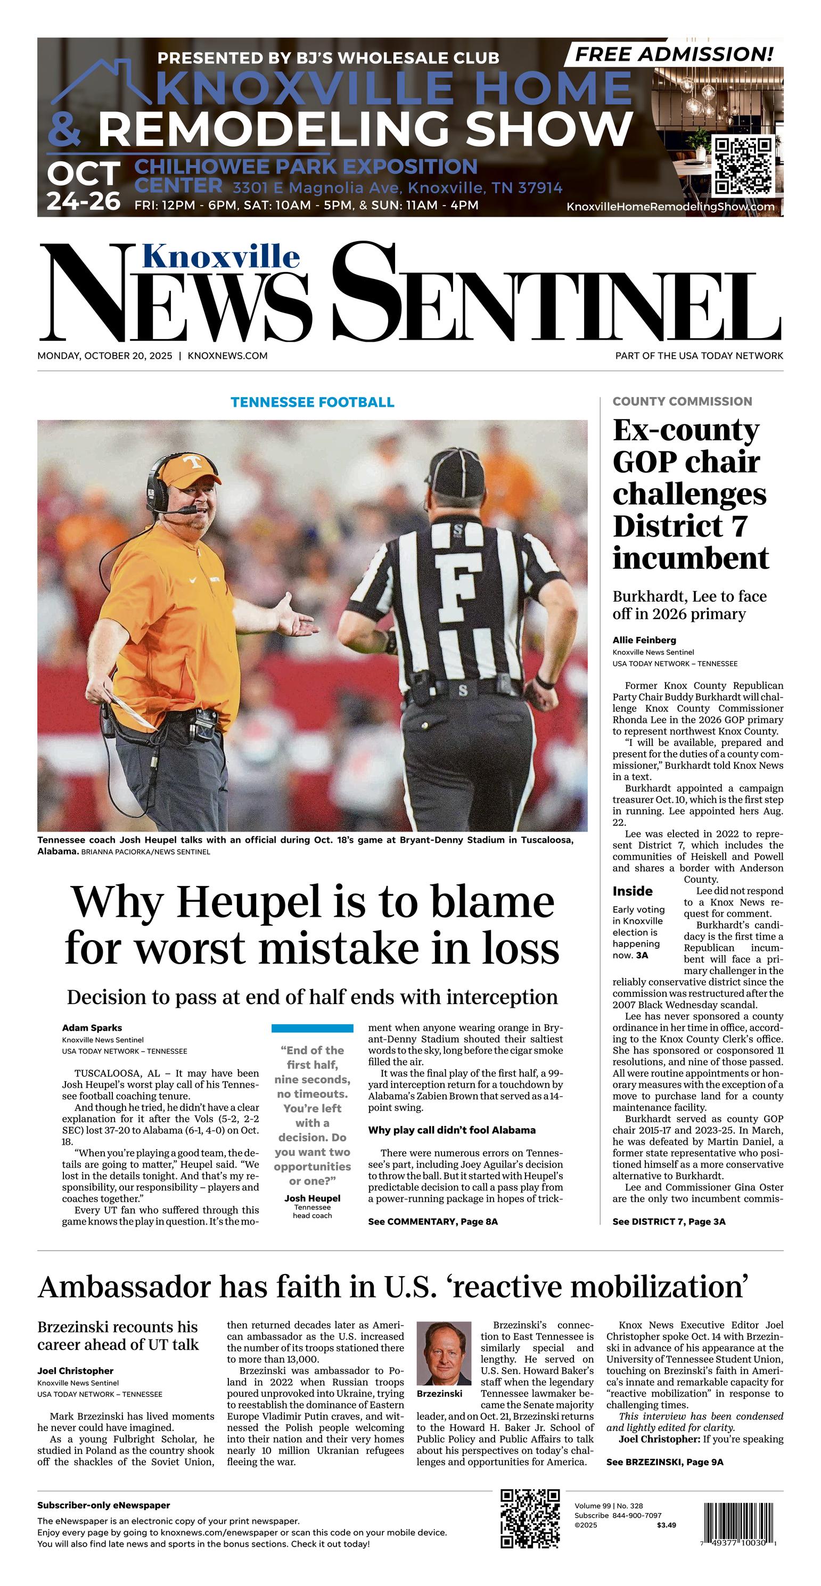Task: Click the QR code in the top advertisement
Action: (743, 166)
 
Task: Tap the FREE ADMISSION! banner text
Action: (674, 54)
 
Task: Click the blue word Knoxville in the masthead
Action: (221, 256)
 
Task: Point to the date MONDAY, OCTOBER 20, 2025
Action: (106, 355)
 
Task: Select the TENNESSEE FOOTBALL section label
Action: (312, 402)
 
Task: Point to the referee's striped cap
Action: (457, 471)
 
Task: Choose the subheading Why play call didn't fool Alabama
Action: (451, 1130)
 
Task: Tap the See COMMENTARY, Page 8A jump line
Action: (432, 1221)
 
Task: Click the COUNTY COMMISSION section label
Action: (682, 401)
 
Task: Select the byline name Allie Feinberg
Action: (644, 640)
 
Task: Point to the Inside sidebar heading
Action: (632, 891)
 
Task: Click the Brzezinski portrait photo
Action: (444, 1353)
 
